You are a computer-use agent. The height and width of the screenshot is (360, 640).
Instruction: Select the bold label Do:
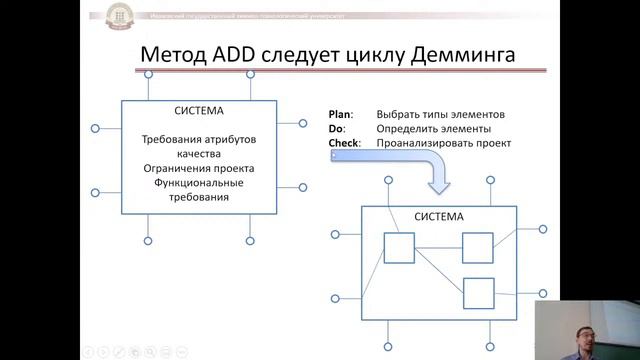pos(337,129)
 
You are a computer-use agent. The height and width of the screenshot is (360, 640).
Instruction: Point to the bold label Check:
pos(345,144)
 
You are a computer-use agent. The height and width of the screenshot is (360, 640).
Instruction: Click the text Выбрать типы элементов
pos(441,114)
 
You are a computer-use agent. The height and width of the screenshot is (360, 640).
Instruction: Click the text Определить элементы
pos(433,129)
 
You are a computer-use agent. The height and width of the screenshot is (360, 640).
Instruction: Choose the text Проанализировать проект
pos(444,144)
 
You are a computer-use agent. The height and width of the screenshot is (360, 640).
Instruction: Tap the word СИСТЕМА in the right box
pos(439,217)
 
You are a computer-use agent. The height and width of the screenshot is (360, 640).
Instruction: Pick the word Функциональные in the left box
pos(199,183)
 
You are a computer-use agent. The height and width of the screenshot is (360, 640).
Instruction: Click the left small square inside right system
pos(399,248)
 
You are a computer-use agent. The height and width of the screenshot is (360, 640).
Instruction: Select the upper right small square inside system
pos(477,247)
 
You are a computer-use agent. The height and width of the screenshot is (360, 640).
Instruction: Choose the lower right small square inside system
pos(478,292)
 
